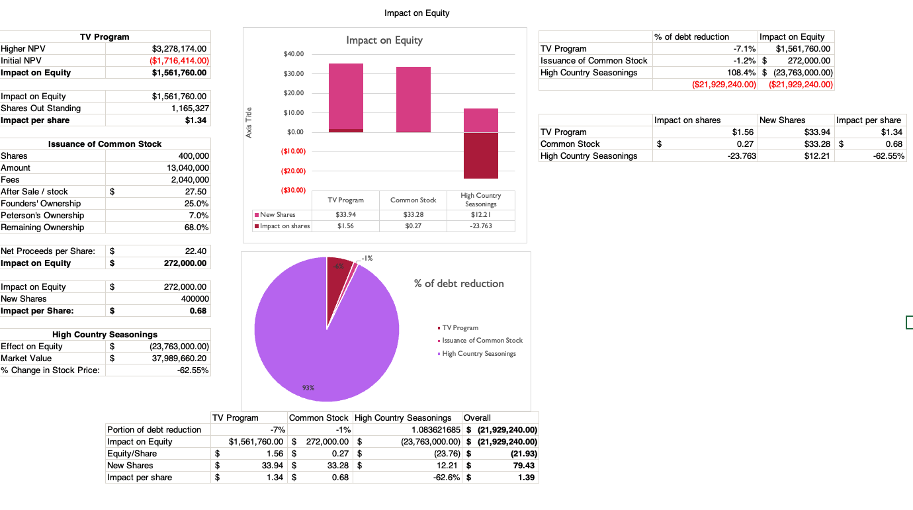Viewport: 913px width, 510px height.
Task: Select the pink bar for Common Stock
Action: pos(413,99)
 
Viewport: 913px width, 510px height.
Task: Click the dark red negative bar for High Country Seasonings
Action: pos(481,155)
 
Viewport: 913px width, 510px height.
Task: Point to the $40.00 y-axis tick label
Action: pos(294,54)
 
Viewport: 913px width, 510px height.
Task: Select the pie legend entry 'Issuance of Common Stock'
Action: pos(482,341)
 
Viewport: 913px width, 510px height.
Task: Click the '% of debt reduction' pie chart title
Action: pos(458,284)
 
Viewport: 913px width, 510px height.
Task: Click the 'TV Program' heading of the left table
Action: pos(105,37)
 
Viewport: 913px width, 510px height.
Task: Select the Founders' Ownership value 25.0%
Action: pos(197,204)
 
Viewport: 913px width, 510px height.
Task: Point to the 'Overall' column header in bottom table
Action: pos(477,418)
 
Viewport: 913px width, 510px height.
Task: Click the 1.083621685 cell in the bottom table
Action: pos(428,430)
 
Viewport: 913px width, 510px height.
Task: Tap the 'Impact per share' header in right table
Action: pos(869,120)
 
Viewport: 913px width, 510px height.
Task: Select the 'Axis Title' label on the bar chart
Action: pos(249,122)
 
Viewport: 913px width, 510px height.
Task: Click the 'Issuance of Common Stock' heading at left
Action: pos(105,144)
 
